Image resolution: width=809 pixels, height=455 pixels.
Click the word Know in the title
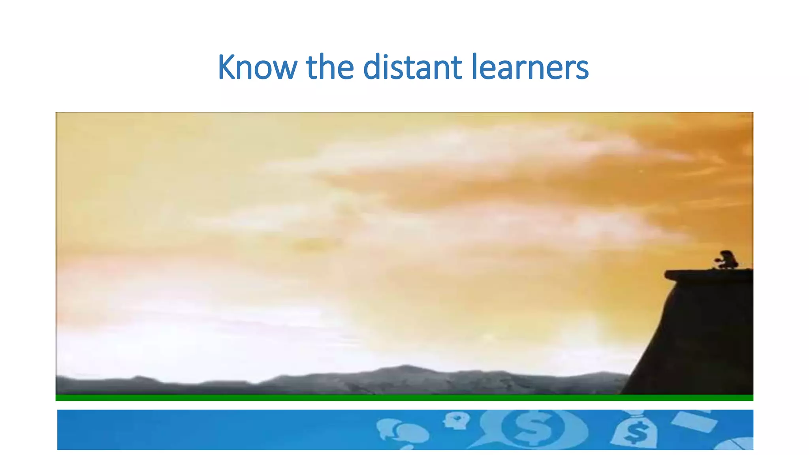[257, 67]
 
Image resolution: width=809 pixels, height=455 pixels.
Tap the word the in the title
[330, 67]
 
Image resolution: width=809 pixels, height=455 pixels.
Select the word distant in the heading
[412, 67]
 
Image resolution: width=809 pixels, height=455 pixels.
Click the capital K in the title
[227, 67]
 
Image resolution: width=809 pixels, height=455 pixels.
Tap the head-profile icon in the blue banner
[457, 420]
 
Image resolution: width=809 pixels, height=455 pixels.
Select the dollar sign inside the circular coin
[532, 427]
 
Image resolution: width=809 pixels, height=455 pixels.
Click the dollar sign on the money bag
[636, 433]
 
